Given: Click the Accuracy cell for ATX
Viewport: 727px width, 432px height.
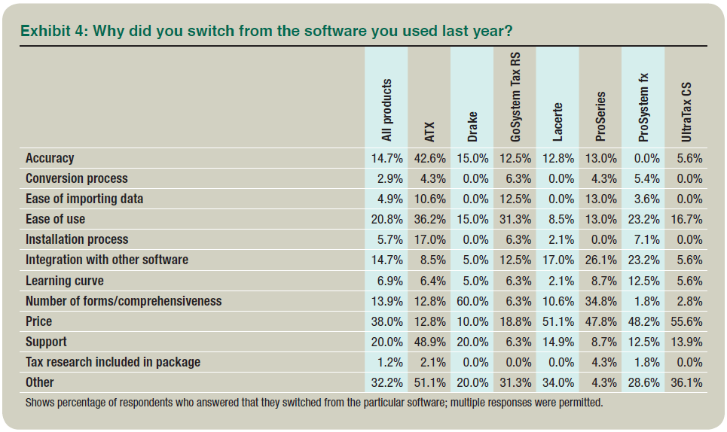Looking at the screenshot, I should point(429,158).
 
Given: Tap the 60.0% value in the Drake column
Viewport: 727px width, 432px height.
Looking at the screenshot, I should point(472,301).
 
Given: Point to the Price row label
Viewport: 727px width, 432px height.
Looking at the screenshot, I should point(39,321).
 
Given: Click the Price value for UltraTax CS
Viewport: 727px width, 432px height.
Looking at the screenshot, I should point(686,321).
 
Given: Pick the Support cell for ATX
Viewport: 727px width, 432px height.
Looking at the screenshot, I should point(429,342).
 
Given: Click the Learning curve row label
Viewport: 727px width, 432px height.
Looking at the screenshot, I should point(65,281).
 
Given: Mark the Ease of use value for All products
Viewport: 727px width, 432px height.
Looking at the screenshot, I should point(386,219).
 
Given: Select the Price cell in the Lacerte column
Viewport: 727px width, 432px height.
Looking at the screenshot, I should point(557,321).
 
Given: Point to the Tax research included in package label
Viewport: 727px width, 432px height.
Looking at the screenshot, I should point(113,362).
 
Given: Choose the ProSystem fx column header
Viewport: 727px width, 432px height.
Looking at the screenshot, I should point(643,108).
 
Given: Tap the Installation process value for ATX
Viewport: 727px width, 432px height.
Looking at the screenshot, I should point(429,239).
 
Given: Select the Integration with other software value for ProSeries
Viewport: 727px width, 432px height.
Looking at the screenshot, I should point(600,260).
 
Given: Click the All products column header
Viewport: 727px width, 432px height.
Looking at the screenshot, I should point(386,110).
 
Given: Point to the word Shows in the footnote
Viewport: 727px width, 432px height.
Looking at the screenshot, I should point(41,402).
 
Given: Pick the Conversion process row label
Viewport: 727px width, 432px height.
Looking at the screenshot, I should point(77,178).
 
